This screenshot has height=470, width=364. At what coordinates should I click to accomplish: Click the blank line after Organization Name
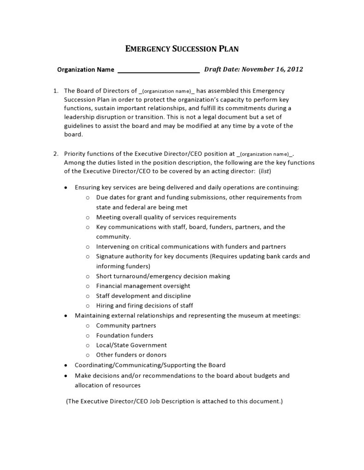pos(159,70)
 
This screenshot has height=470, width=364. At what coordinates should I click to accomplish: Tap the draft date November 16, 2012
pos(272,69)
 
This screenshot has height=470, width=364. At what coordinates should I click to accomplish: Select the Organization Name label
pos(85,70)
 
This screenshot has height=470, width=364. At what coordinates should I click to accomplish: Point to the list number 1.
pos(56,91)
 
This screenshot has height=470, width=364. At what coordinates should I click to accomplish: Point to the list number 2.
pos(56,154)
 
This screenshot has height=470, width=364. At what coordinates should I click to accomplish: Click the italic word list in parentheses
pos(265,171)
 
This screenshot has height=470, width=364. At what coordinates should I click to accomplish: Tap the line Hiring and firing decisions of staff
pos(144,305)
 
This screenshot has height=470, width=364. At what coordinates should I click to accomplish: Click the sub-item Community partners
pos(126,325)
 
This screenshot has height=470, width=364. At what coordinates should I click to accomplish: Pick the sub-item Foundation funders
pos(124,335)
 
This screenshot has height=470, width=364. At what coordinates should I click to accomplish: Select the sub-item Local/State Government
pos(131,345)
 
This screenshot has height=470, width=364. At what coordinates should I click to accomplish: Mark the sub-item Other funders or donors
pos(131,355)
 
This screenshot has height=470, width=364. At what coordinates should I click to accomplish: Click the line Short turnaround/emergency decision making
pos(163,276)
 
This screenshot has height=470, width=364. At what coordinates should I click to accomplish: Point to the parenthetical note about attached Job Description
pos(175,401)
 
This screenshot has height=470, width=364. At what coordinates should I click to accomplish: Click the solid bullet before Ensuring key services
pos(67,188)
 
